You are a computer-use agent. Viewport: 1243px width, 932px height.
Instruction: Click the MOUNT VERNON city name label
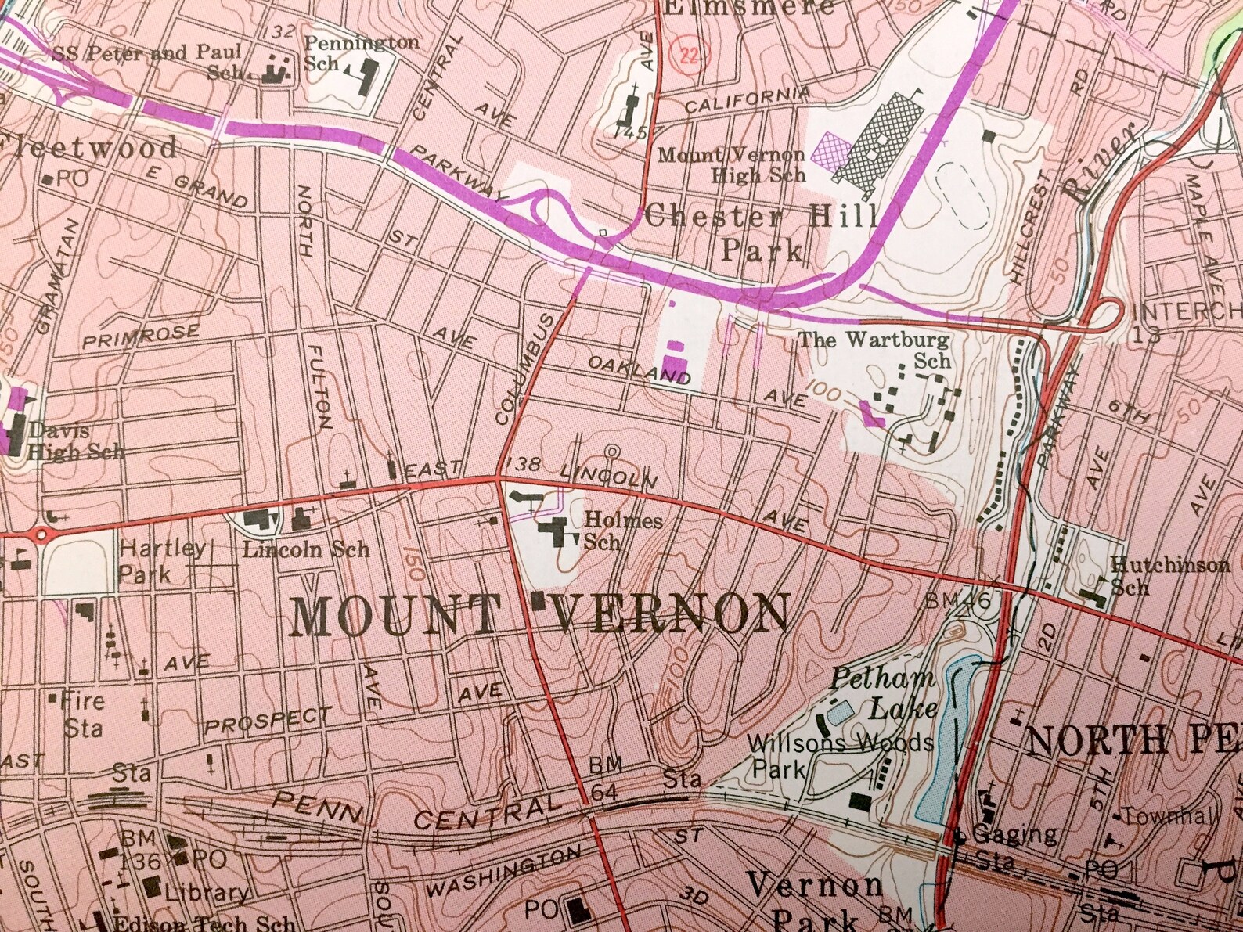539,614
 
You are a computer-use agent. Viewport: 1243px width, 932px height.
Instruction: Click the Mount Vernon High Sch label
732,164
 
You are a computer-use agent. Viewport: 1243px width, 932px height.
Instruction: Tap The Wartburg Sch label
874,350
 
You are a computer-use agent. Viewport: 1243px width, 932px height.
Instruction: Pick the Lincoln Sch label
305,549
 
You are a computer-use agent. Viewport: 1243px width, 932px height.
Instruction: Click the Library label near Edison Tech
207,893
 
